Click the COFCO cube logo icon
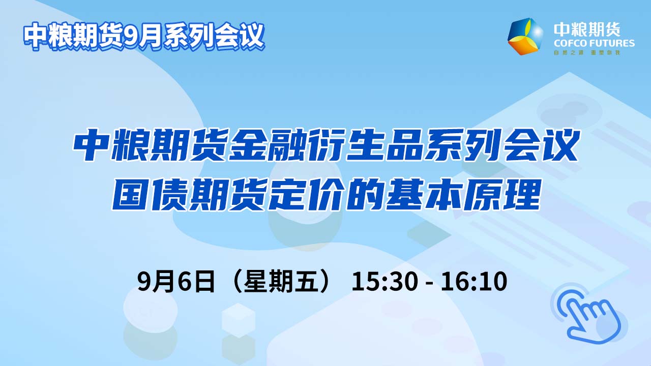coord(525,36)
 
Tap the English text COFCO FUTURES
coord(594,44)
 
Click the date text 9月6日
coord(176,281)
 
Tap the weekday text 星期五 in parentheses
coord(282,281)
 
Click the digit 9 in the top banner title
coord(129,36)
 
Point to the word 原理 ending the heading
coord(501,194)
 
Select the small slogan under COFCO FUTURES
coord(587,53)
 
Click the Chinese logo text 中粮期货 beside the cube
coord(587,30)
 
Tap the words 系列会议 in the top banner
coord(214,36)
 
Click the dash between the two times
coord(429,283)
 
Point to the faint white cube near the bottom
coord(239,320)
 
